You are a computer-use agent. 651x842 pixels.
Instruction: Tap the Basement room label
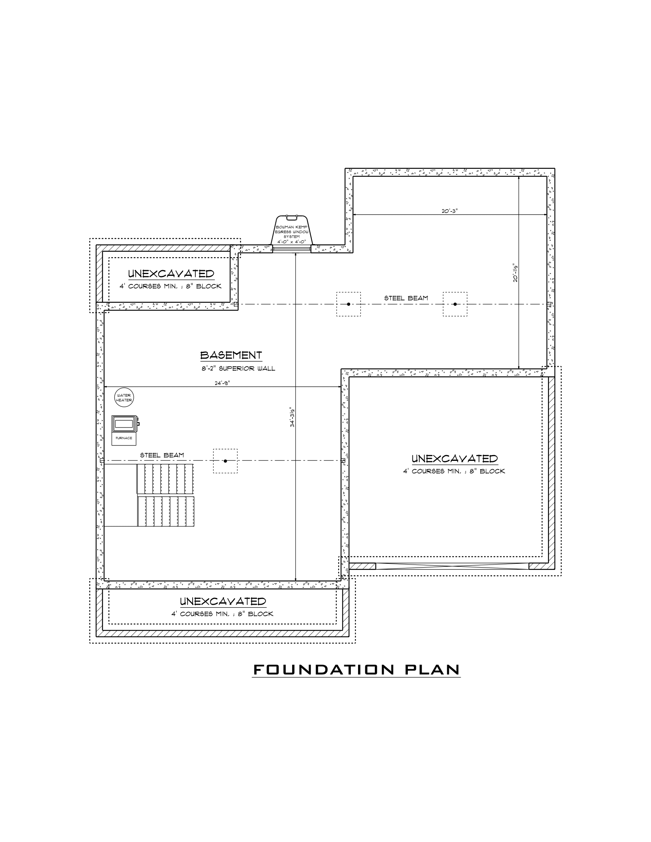(x=231, y=355)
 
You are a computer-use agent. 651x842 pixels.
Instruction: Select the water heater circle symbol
(x=124, y=398)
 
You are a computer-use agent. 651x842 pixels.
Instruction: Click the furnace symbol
(x=124, y=430)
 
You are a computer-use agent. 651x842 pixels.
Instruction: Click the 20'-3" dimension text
(x=450, y=211)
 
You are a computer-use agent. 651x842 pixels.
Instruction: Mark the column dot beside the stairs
(x=225, y=461)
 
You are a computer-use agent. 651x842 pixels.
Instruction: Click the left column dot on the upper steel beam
(x=348, y=304)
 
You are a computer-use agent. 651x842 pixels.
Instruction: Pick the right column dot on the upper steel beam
(x=455, y=304)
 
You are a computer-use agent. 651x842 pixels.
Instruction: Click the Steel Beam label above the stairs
(x=162, y=455)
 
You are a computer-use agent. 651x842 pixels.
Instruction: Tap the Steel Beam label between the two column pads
(x=406, y=298)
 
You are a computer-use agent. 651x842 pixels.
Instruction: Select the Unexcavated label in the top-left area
(x=171, y=274)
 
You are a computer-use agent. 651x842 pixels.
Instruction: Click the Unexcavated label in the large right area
(x=455, y=459)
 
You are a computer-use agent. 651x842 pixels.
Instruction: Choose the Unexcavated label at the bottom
(x=223, y=601)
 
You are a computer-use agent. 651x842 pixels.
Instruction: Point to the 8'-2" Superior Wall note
(x=238, y=369)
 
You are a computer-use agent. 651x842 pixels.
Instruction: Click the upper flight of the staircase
(x=165, y=479)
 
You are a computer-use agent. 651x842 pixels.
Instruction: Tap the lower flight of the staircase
(x=166, y=511)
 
